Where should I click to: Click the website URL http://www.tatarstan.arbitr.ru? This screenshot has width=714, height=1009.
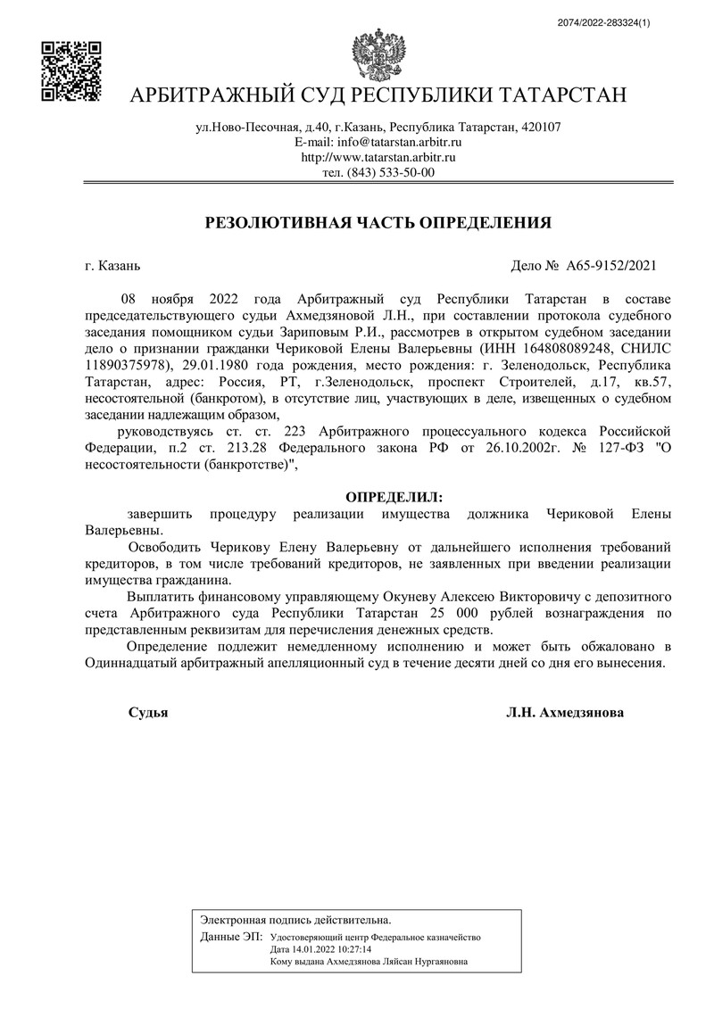click(379, 157)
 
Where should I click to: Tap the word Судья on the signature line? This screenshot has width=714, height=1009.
click(148, 713)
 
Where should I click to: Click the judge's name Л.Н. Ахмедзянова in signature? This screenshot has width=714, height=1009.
click(565, 713)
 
